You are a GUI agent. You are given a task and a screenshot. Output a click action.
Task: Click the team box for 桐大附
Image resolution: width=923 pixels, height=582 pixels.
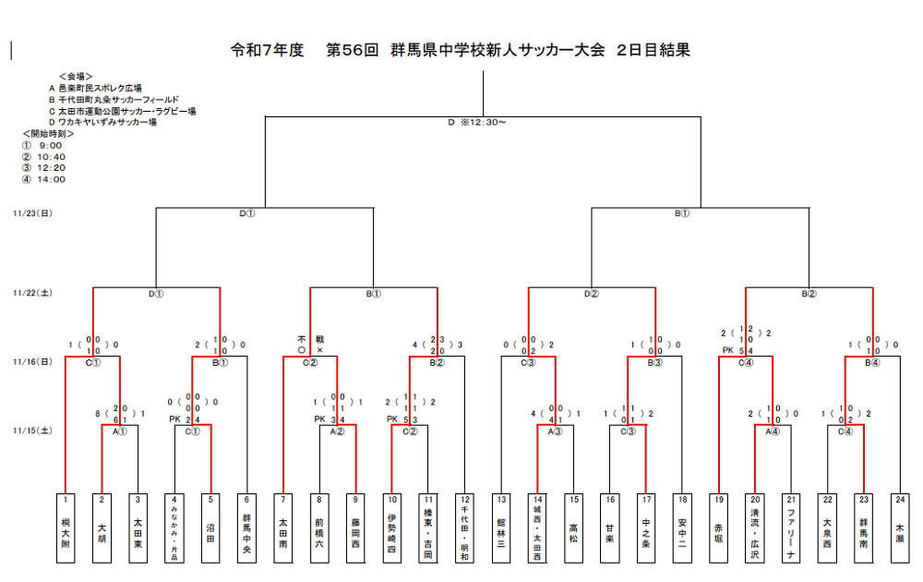(66, 527)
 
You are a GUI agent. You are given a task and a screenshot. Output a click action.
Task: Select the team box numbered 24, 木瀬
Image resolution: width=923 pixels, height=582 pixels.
(900, 527)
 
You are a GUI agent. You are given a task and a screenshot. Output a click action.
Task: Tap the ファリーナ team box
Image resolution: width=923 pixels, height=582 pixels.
(791, 527)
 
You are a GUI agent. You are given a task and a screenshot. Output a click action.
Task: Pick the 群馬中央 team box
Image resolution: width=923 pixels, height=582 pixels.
(247, 527)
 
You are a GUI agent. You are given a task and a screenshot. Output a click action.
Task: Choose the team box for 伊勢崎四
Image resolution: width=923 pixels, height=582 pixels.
(392, 527)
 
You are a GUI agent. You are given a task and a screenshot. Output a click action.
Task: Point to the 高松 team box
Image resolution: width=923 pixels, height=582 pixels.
(573, 527)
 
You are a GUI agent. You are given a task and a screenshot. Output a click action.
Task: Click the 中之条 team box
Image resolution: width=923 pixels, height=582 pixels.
(646, 527)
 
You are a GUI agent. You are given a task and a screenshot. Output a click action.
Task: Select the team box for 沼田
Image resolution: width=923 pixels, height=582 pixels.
(211, 527)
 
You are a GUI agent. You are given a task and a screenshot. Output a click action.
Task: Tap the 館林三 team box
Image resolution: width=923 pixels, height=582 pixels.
(501, 527)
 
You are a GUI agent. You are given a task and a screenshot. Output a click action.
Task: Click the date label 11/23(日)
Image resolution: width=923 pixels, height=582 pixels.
(32, 212)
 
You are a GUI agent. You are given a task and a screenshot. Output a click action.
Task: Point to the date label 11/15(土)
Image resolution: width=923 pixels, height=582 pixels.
(32, 430)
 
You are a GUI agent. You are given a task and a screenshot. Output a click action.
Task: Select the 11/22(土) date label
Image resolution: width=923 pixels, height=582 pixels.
(32, 293)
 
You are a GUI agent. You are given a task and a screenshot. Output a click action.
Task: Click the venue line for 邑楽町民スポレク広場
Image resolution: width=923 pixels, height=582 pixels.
(101, 88)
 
